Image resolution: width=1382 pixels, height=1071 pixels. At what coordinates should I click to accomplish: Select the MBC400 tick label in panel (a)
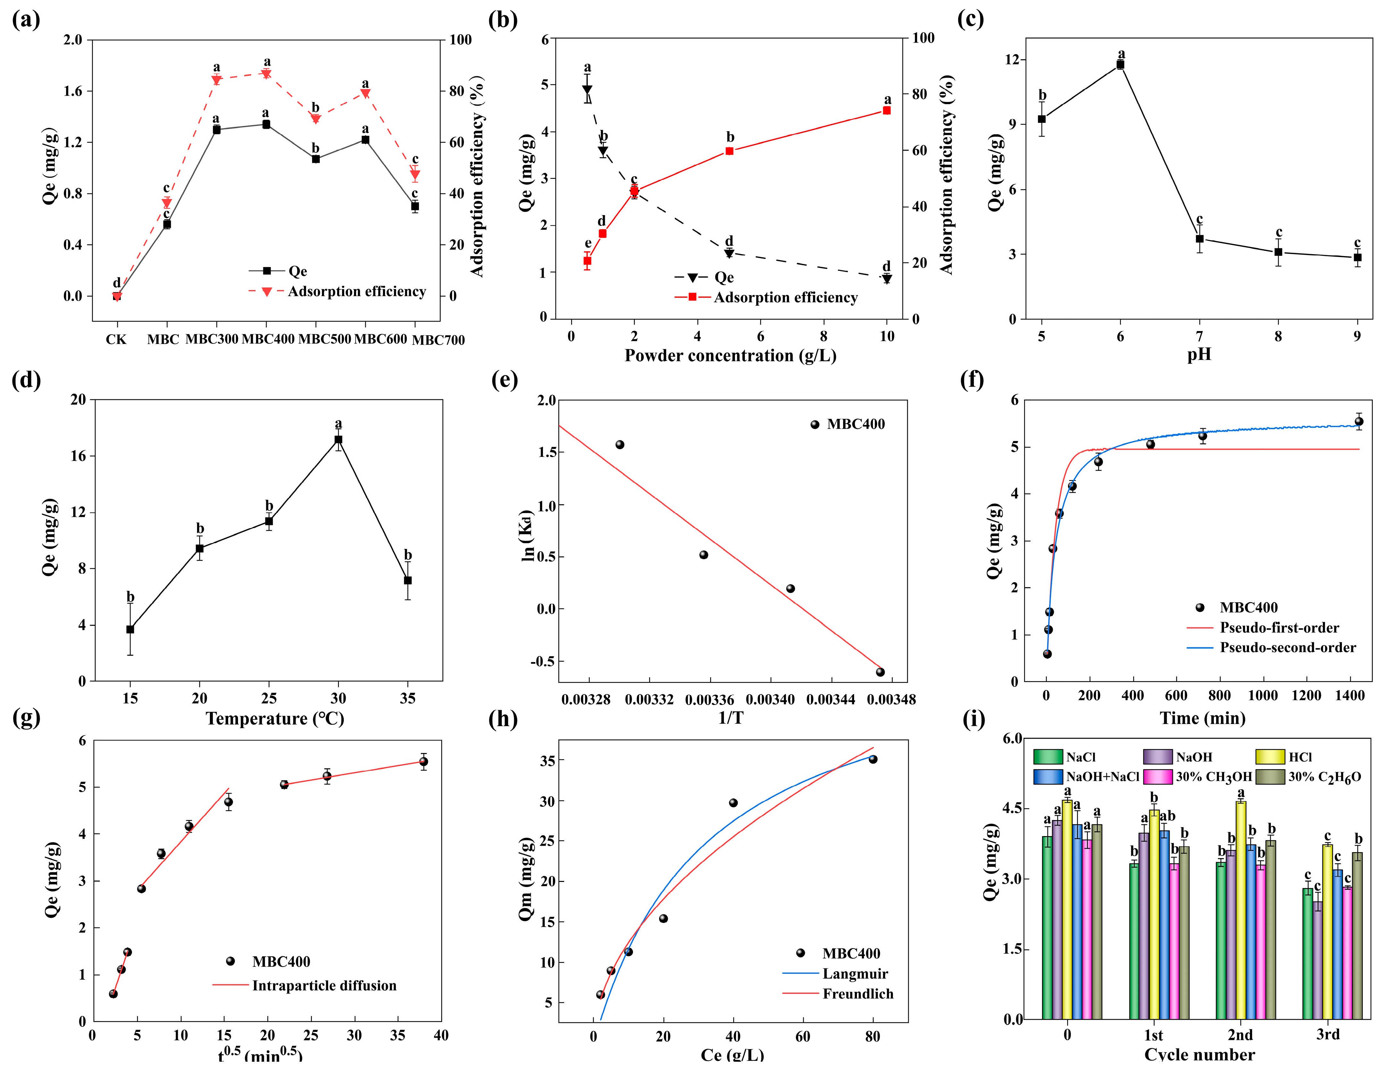click(x=268, y=339)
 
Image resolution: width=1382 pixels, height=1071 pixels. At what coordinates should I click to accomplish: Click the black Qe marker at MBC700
click(x=415, y=206)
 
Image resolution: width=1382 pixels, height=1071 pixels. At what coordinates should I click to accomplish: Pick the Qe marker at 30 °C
click(x=339, y=439)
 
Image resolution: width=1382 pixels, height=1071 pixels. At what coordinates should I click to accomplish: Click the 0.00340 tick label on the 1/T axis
click(x=770, y=700)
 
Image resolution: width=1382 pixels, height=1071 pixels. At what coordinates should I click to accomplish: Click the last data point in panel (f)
click(x=1359, y=421)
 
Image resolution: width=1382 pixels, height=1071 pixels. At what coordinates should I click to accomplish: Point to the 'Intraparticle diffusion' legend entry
click(x=324, y=985)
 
